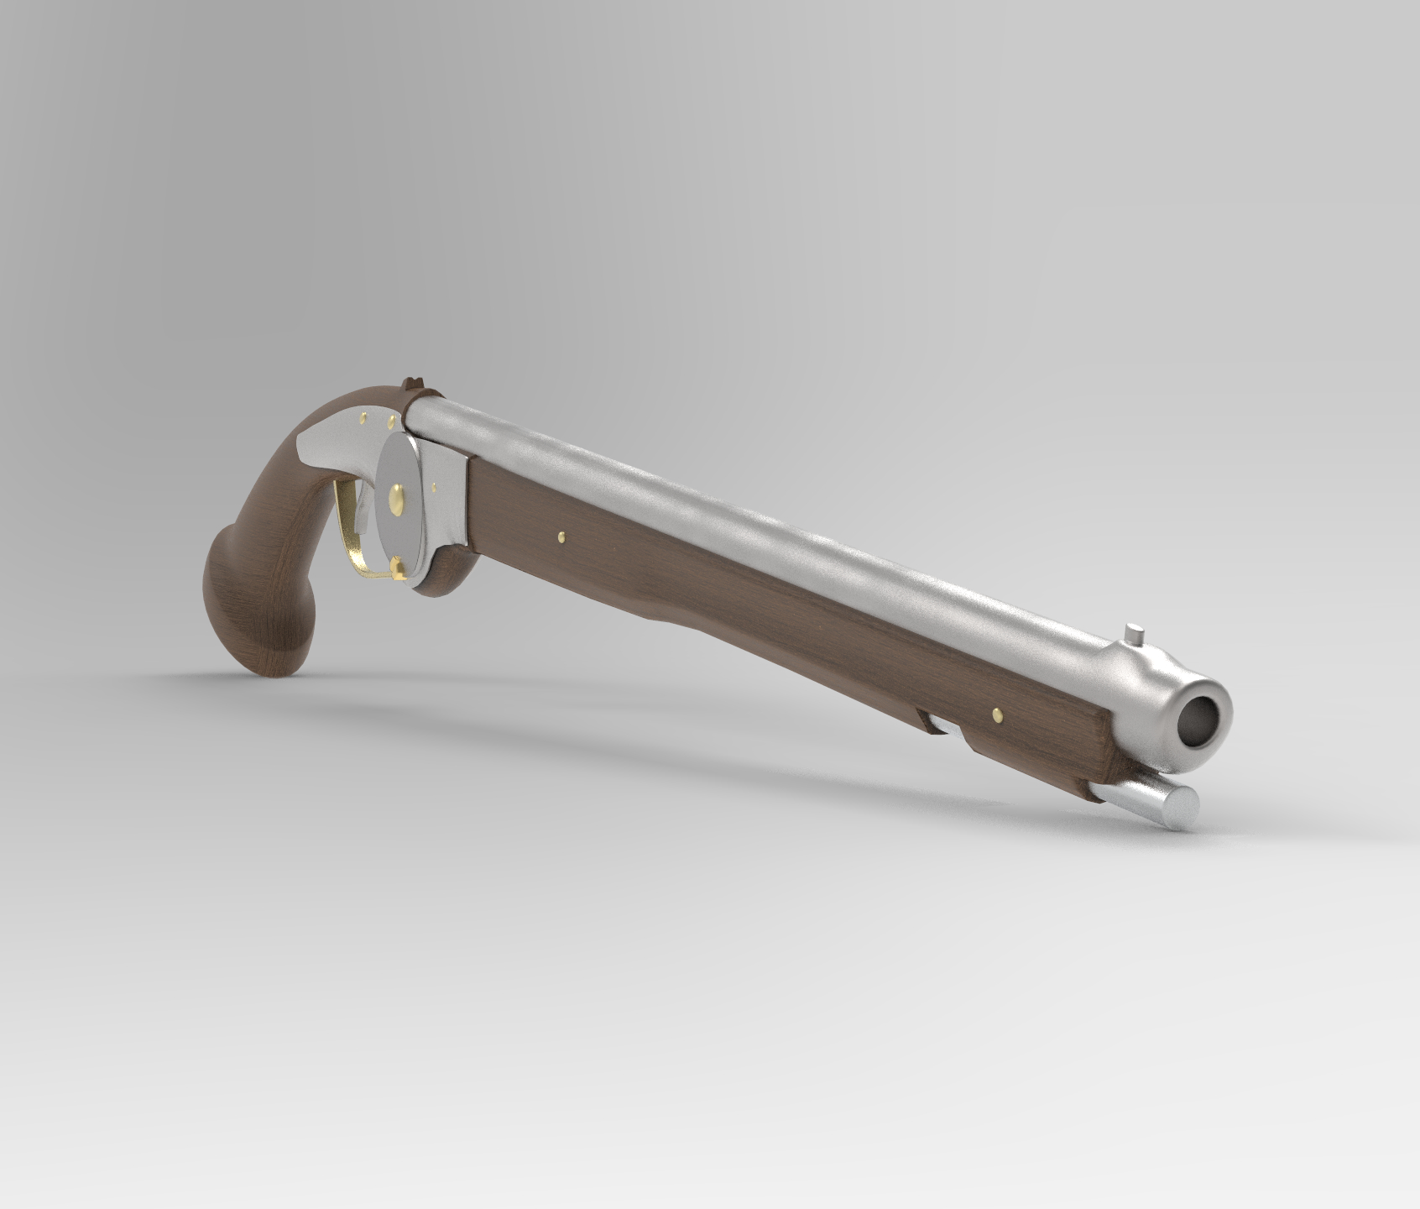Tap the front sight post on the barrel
(1135, 631)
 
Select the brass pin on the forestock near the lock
(560, 534)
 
